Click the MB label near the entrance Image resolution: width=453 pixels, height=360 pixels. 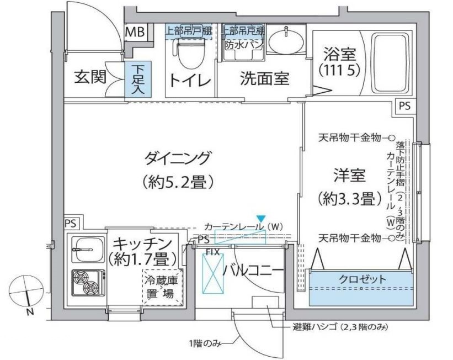point(134,32)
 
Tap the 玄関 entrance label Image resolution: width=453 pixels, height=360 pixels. point(90,78)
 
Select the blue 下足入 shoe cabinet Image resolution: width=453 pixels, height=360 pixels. point(138,81)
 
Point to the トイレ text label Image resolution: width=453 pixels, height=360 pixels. point(190,81)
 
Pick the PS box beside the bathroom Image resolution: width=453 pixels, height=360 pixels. point(404,105)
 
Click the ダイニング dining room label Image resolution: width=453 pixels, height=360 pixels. point(178,160)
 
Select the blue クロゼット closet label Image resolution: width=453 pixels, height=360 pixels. point(362,279)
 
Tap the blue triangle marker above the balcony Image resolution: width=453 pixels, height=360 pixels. point(260,219)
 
